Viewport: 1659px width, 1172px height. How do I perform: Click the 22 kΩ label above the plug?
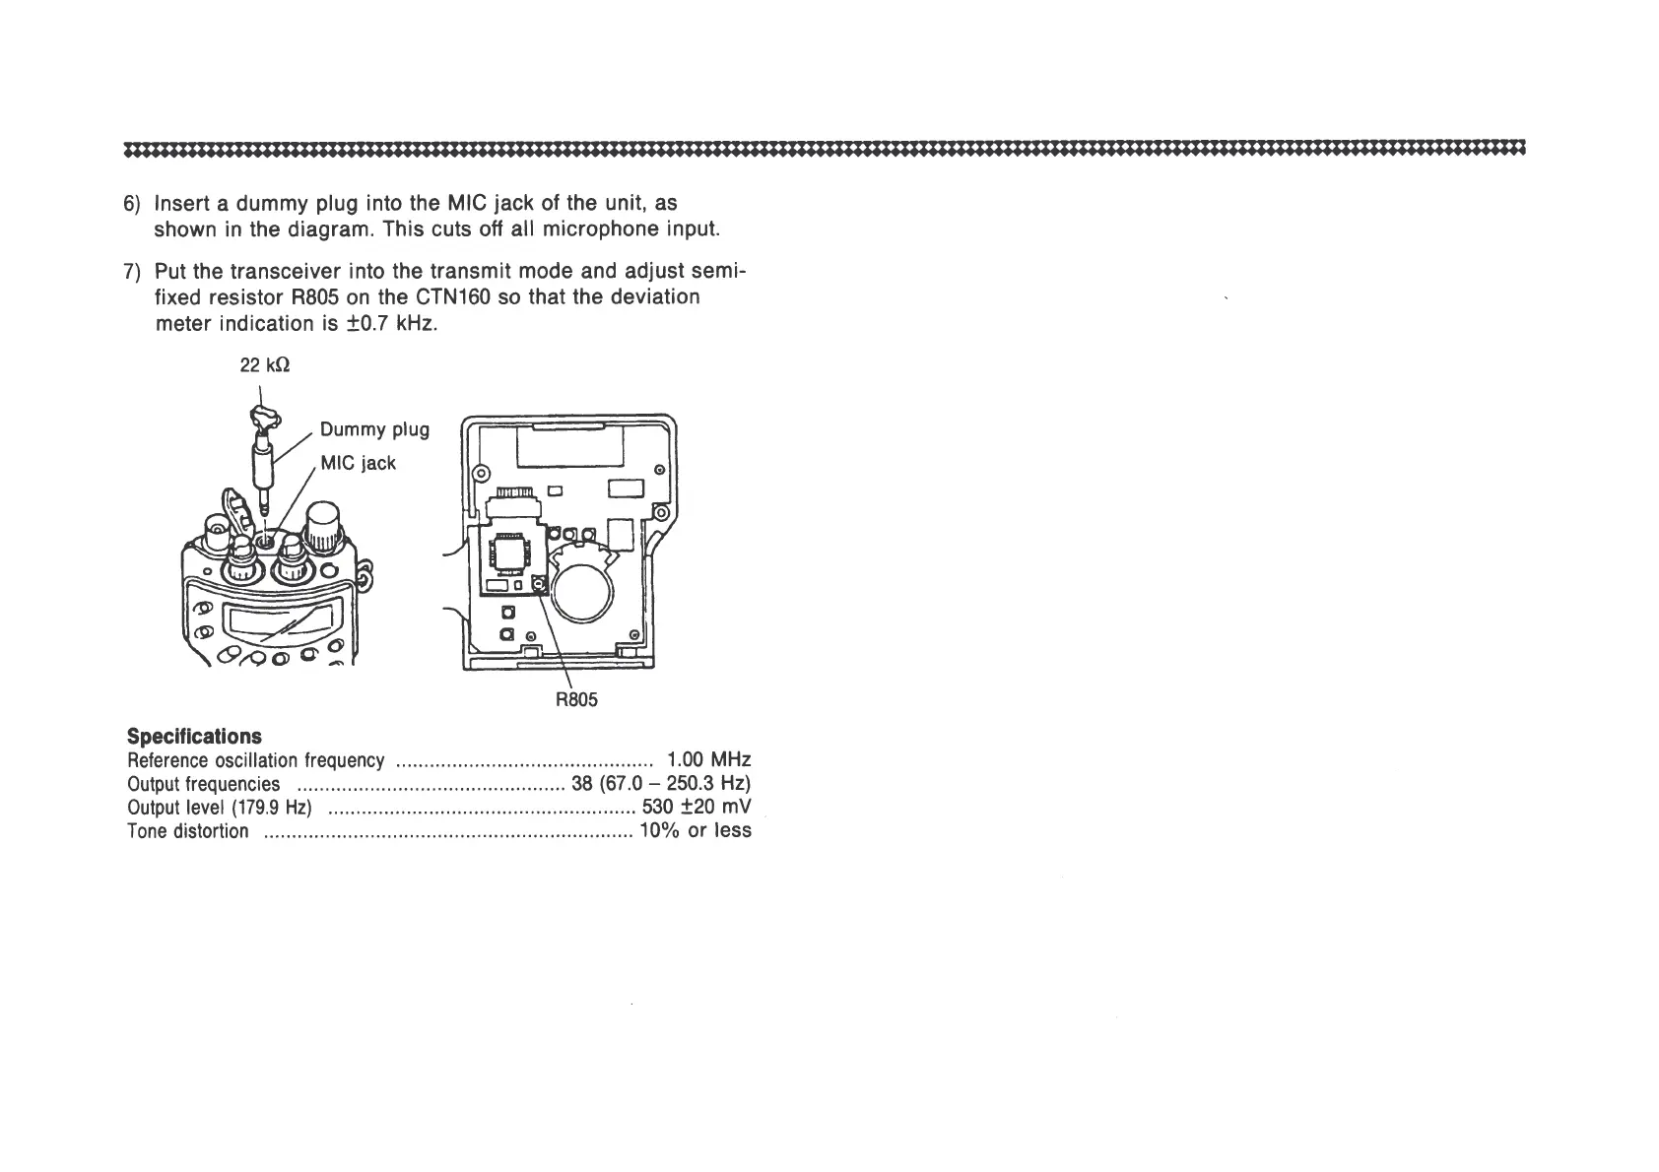click(x=265, y=365)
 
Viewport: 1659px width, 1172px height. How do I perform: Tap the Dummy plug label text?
click(x=374, y=429)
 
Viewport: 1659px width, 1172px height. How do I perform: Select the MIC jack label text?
click(x=358, y=463)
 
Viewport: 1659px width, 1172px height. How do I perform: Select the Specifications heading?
click(x=195, y=737)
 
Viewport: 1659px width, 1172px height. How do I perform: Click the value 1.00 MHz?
click(x=708, y=760)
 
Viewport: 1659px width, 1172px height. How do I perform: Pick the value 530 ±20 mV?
click(x=696, y=808)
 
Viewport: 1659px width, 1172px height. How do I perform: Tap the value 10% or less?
click(x=696, y=831)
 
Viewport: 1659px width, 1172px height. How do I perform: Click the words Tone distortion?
click(x=188, y=831)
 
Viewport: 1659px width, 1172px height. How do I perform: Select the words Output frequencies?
click(x=204, y=784)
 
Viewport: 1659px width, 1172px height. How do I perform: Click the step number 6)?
click(x=133, y=204)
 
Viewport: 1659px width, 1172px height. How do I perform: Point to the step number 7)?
click(x=133, y=272)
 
